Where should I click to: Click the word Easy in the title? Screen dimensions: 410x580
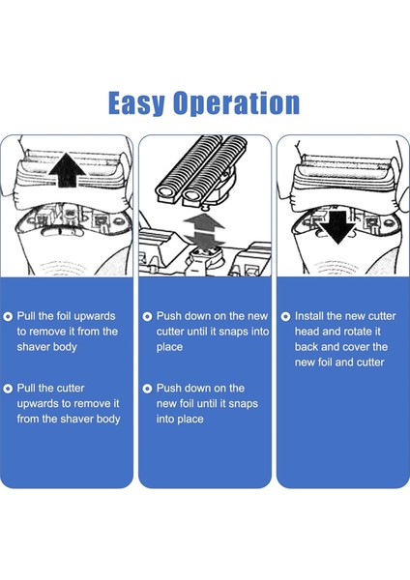click(x=136, y=103)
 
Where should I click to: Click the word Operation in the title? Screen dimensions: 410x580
click(x=237, y=103)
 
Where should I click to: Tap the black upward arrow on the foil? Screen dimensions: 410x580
click(x=67, y=170)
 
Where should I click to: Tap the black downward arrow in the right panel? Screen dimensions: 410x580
click(x=337, y=227)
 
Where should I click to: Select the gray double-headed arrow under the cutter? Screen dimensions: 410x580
click(x=204, y=230)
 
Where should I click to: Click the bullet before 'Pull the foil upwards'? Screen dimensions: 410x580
click(x=8, y=317)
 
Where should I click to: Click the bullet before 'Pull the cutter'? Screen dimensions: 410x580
click(x=8, y=389)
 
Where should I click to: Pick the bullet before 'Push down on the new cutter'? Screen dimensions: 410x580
click(x=147, y=317)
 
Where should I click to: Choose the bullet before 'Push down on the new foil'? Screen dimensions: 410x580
click(x=147, y=389)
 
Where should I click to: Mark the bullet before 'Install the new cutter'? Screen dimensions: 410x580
click(x=285, y=317)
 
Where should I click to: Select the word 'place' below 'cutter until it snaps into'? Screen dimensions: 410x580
click(x=169, y=347)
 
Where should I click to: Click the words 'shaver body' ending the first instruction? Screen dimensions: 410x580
click(x=46, y=347)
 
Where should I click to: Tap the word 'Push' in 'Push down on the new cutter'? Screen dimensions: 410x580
click(x=169, y=316)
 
